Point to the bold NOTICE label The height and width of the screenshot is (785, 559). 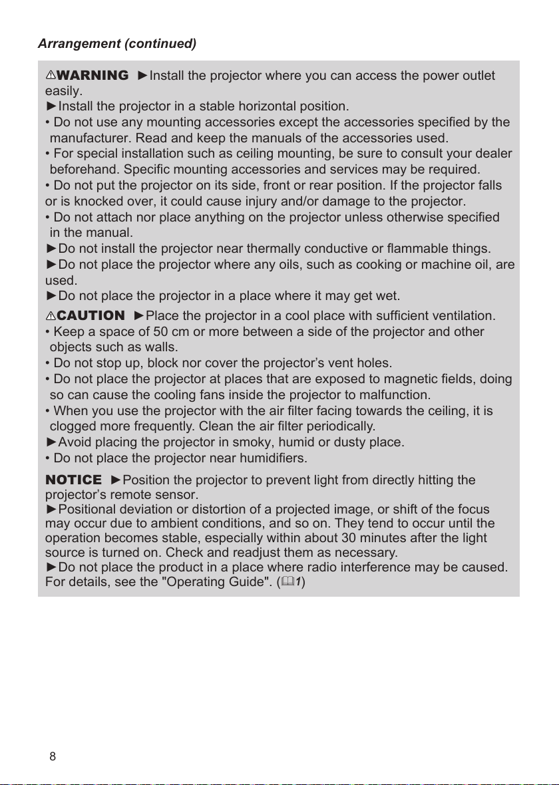pos(73,480)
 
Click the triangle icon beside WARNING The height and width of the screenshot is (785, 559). pos(50,76)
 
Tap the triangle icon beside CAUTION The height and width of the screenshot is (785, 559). pos(50,315)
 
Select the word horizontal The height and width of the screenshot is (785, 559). pos(240,106)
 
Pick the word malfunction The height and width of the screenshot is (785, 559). pos(395,396)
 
